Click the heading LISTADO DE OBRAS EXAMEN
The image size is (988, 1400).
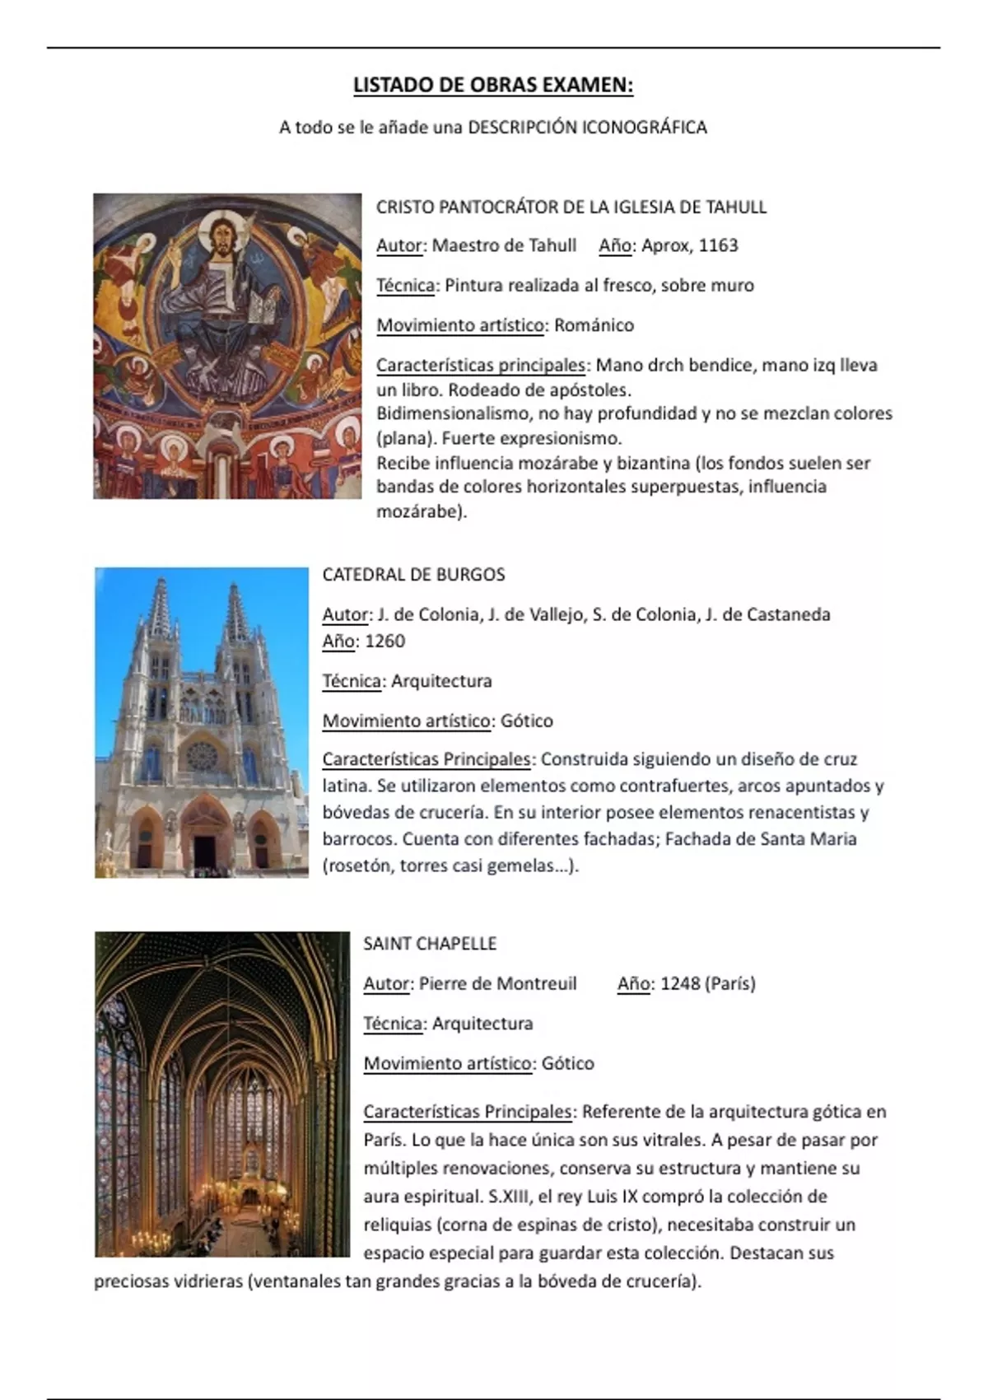pyautogui.click(x=492, y=85)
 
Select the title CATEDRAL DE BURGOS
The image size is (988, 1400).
pyautogui.click(x=413, y=574)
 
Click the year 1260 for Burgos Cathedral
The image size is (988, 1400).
pyautogui.click(x=384, y=641)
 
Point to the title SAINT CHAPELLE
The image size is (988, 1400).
pyautogui.click(x=430, y=943)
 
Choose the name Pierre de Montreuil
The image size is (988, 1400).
pyautogui.click(x=497, y=983)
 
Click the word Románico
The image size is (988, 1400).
pyautogui.click(x=594, y=325)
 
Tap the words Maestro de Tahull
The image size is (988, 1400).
pyautogui.click(x=504, y=245)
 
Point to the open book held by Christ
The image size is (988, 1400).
pyautogui.click(x=263, y=310)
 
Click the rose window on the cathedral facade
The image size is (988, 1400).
pyautogui.click(x=201, y=755)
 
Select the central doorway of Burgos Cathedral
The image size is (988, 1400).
pyautogui.click(x=203, y=844)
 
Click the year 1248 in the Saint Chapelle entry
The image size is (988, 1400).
pyautogui.click(x=679, y=983)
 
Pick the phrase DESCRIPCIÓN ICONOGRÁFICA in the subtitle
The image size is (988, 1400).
pyautogui.click(x=587, y=127)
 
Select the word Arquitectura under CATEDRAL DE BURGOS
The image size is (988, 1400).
pyautogui.click(x=441, y=681)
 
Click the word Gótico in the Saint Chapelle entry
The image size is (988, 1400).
pyautogui.click(x=567, y=1063)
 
